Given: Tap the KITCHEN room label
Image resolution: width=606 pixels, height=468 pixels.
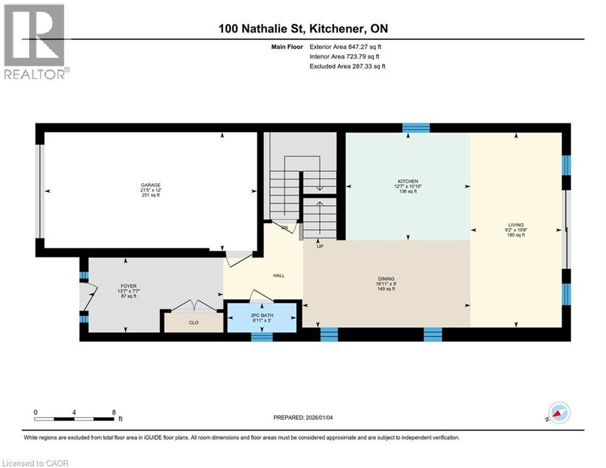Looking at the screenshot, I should pyautogui.click(x=407, y=182).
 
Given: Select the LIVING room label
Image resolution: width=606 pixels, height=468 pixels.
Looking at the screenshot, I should pyautogui.click(x=516, y=225).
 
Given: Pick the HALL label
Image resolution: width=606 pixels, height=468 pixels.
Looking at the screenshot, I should pyautogui.click(x=279, y=275).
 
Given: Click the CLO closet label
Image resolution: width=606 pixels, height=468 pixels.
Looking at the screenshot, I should pyautogui.click(x=194, y=322).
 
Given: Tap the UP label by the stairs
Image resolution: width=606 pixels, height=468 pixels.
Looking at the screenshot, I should pyautogui.click(x=320, y=247).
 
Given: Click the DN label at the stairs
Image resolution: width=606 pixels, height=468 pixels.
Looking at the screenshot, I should pyautogui.click(x=284, y=227).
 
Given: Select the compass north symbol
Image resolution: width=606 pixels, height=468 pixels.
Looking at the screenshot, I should pyautogui.click(x=560, y=413).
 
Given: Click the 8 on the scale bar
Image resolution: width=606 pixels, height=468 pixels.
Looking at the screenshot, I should pyautogui.click(x=114, y=412).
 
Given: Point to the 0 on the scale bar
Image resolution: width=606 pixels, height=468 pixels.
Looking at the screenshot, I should pyautogui.click(x=35, y=412).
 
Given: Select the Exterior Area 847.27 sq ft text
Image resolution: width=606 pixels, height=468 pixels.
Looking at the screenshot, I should pyautogui.click(x=345, y=46).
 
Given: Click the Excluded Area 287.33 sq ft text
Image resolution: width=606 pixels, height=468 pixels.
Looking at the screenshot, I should pyautogui.click(x=347, y=66).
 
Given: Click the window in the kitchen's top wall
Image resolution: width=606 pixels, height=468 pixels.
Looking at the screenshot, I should pyautogui.click(x=416, y=127).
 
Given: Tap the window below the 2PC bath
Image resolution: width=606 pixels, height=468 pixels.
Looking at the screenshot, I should pyautogui.click(x=262, y=336).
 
